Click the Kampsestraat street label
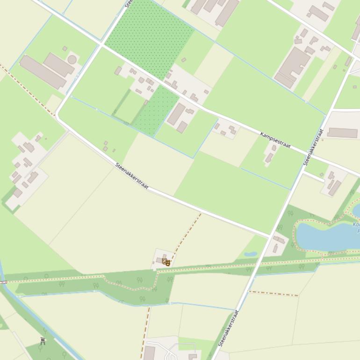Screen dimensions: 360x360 point(275,140)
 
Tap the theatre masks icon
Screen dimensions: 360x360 point(166,262)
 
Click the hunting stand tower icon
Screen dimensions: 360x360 point(43,341)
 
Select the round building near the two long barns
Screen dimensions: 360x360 point(72,60)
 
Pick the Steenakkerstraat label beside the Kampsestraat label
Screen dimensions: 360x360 point(313,147)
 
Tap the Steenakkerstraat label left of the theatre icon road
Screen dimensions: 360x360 point(131,176)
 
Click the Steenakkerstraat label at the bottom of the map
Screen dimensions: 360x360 point(228,328)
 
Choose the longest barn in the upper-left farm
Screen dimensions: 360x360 point(43,72)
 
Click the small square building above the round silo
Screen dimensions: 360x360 point(65,49)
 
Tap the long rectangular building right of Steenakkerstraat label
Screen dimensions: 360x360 point(342,133)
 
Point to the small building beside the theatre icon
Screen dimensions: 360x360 point(160,260)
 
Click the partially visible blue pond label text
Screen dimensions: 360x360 point(356,228)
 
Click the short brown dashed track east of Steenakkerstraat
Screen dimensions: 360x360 point(274,294)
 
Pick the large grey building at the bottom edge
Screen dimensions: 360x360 point(149,353)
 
